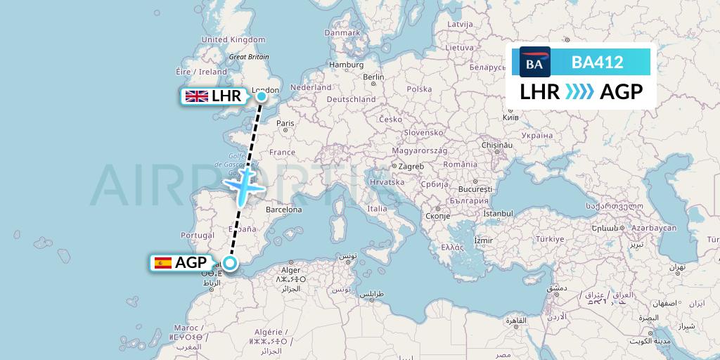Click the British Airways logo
534,62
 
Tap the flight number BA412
597,62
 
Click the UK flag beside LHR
196,96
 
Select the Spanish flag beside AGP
163,263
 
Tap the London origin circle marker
262,96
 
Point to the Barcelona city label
283,210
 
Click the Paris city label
285,123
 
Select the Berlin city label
373,77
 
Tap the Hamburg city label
346,65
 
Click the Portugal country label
197,236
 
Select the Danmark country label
342,32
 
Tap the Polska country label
419,89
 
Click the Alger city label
291,269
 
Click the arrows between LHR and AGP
580,91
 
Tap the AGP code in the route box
622,91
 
